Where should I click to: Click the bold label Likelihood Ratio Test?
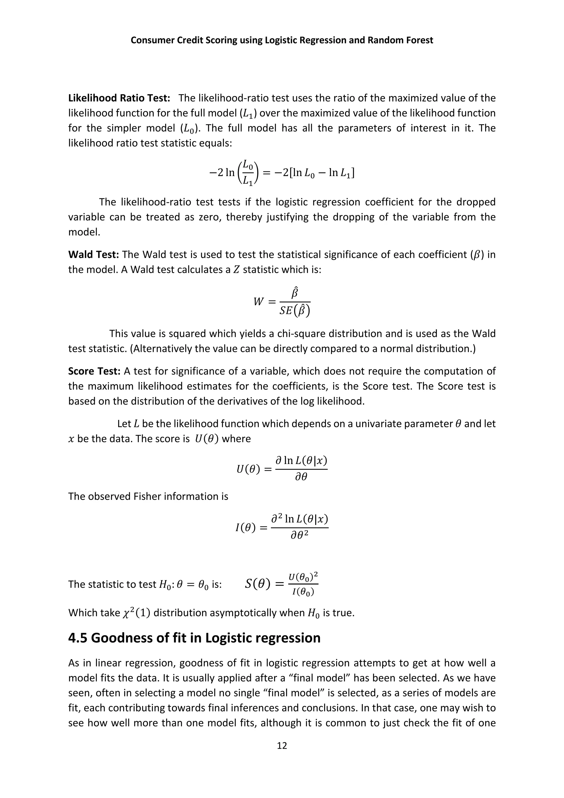(119, 98)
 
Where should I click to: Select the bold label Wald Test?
(93, 255)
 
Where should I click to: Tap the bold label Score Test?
(94, 371)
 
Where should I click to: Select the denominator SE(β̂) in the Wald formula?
(294, 310)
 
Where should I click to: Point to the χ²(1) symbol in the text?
(137, 613)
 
